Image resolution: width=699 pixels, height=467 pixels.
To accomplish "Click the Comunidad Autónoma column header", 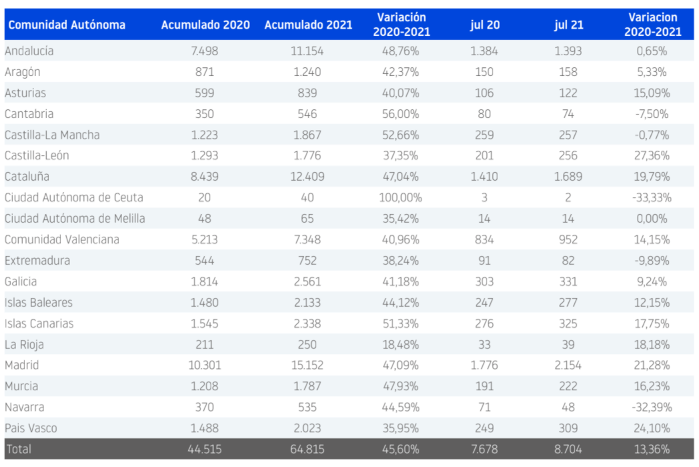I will (67, 25).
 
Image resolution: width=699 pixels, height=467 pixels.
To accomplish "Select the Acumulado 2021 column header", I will (309, 25).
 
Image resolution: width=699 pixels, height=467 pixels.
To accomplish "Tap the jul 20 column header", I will (484, 25).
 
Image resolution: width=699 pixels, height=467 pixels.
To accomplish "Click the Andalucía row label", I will (29, 51).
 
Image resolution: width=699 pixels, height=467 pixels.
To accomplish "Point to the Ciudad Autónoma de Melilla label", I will (75, 219).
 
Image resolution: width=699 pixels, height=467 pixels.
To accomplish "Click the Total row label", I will (18, 449).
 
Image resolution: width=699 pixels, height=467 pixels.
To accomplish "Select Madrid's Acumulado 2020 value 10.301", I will (205, 365).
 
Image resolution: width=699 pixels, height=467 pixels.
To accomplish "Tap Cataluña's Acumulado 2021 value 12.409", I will (309, 177).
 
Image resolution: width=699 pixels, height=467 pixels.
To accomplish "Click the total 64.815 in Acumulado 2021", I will (309, 449).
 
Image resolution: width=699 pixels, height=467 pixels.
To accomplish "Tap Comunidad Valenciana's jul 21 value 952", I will (568, 240).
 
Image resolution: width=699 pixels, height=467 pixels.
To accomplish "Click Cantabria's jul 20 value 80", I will (484, 113).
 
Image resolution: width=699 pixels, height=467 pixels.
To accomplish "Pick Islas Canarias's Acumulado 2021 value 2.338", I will (309, 324).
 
